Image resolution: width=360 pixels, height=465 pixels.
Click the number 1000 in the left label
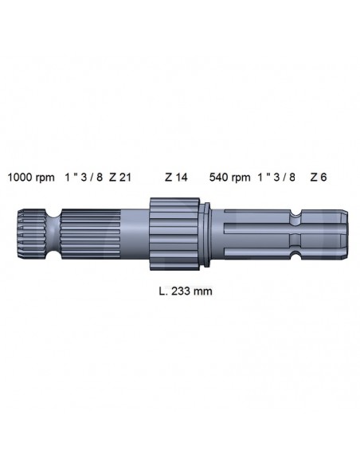click(20, 177)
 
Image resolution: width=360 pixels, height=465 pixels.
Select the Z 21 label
click(120, 177)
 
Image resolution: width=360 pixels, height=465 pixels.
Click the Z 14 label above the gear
click(176, 177)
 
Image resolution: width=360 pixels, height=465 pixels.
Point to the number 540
click(218, 177)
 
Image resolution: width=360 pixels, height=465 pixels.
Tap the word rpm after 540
click(241, 177)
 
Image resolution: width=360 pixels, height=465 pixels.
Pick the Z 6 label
click(318, 177)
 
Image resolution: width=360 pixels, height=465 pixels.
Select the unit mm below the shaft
click(202, 291)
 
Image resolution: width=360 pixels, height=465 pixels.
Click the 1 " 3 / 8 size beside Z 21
click(83, 177)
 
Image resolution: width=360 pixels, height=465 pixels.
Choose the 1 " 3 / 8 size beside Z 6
click(277, 177)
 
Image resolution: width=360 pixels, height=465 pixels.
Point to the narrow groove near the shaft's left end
click(53, 232)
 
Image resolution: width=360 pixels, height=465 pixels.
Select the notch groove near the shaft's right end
click(296, 232)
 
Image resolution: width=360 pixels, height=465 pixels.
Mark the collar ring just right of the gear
click(205, 232)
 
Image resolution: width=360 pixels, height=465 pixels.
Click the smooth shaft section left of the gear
click(134, 232)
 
